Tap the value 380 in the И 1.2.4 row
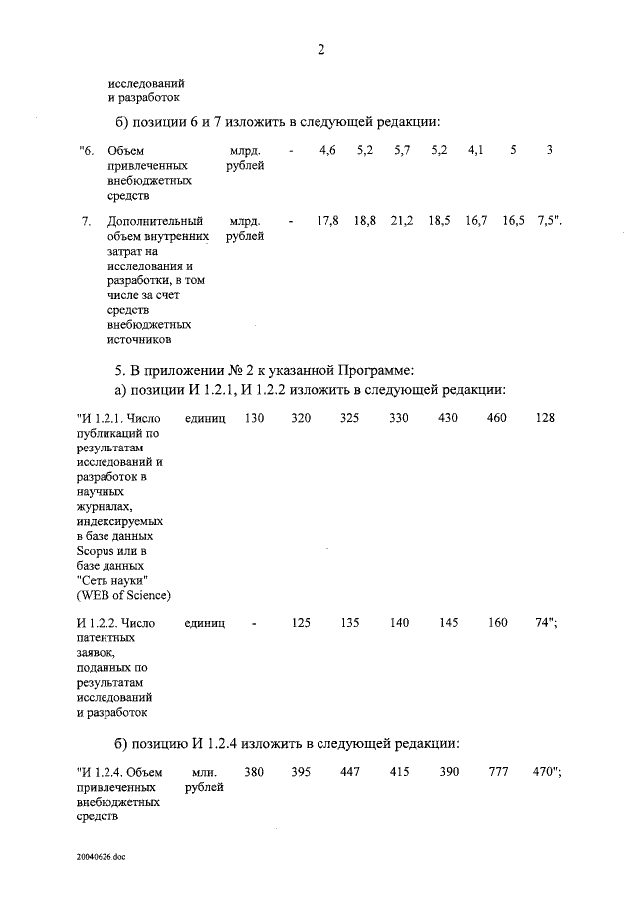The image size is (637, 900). click(x=254, y=773)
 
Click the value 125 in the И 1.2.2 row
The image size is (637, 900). click(x=301, y=623)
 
